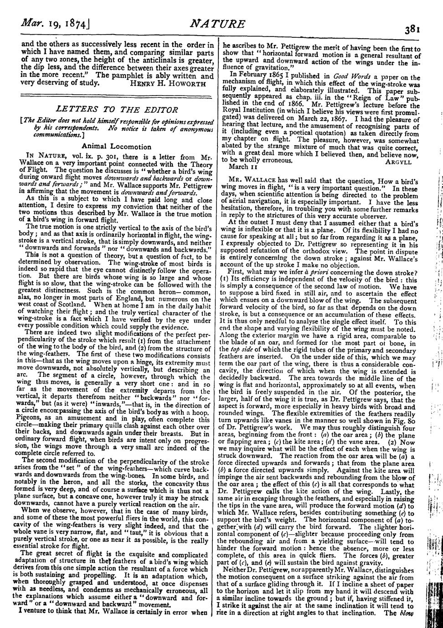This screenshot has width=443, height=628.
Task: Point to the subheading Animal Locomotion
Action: coord(116,147)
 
